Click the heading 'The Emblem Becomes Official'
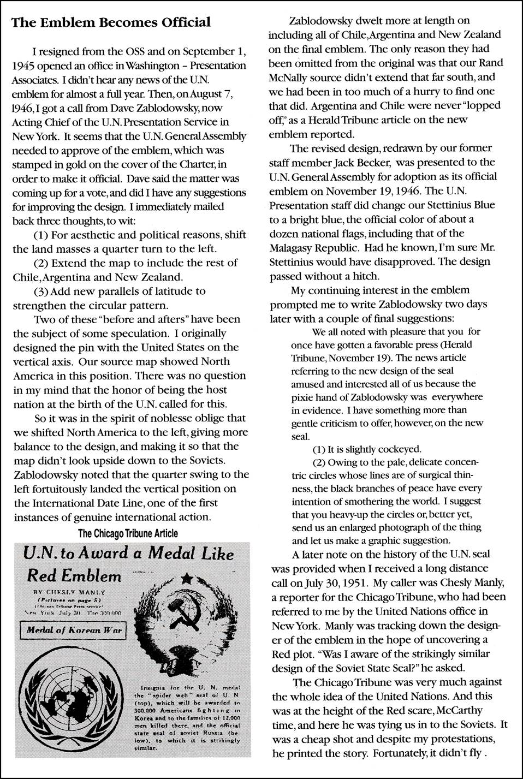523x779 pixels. pos(111,23)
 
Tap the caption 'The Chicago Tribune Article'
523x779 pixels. pos(128,533)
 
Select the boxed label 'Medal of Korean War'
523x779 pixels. pos(70,632)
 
